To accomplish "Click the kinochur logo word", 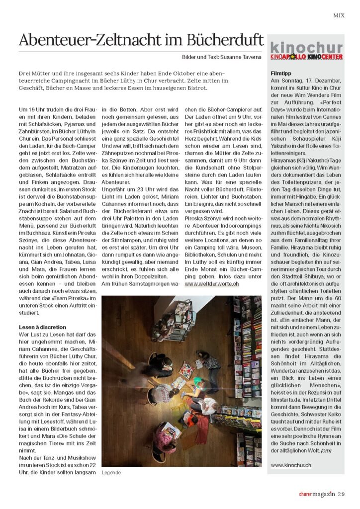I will (306, 48).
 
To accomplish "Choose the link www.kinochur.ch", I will (291, 465).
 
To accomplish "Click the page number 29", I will (341, 494).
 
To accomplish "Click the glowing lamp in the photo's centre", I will (191, 388).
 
